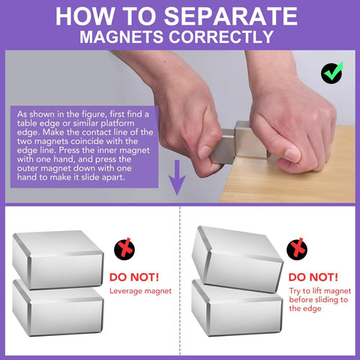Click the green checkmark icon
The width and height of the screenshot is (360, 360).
tap(331, 73)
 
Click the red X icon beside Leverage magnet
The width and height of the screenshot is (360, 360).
tap(123, 250)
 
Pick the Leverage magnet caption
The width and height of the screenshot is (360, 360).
tap(142, 290)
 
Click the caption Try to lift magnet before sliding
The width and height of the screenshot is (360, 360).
tap(318, 299)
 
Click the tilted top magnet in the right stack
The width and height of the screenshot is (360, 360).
tap(236, 256)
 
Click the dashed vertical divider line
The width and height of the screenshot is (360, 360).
tap(181, 285)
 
